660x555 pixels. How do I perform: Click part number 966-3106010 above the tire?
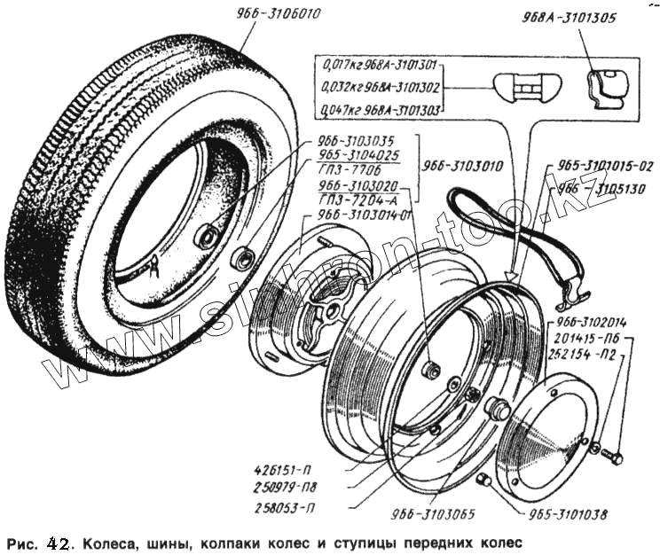click(279, 13)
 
